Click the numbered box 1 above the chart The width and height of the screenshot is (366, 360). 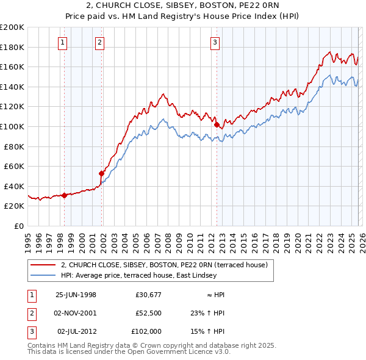coord(64,42)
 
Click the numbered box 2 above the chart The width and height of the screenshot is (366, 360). coord(99,42)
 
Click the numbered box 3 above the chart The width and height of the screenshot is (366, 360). coord(215,42)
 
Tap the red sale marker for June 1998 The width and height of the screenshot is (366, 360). coord(64,195)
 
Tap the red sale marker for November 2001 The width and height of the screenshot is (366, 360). coord(102,173)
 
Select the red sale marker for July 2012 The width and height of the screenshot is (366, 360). coord(217,124)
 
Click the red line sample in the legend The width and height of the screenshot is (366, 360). coord(43,265)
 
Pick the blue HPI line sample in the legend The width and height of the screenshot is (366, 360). coord(43,275)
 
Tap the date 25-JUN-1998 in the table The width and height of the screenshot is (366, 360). coord(76,295)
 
